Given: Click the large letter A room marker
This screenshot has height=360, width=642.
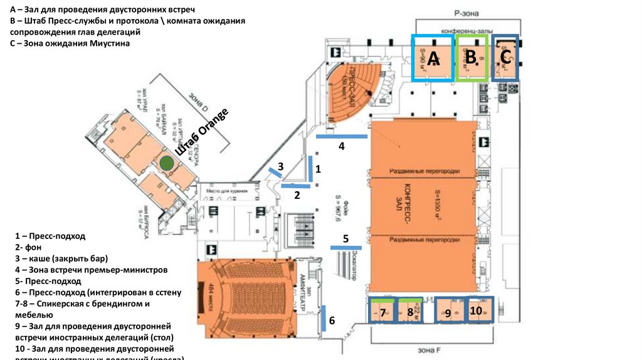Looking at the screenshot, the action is pos(434,58).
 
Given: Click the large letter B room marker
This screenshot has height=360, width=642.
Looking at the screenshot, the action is pos(470,56).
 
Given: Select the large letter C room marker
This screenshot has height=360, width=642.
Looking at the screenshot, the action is pos(506,56).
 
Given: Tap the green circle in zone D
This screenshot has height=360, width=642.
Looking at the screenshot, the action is pos(166,164).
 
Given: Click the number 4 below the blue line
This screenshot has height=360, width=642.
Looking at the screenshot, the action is pos(342,147).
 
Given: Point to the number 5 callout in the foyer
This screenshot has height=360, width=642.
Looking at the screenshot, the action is pos(345,238).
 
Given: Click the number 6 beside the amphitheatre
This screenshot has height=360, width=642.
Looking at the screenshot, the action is pos(332,320).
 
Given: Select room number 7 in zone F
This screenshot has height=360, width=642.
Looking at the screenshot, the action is pos(381,312).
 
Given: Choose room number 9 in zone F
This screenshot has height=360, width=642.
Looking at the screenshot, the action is pos(448,314).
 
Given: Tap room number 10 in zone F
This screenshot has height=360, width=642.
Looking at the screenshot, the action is pos(476,310).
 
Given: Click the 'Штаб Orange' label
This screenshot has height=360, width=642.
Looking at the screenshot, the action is pos(203,133).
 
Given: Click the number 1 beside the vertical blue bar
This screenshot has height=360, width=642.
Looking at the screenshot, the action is pos(318,169).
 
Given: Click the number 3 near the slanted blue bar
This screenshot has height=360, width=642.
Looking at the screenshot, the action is pos(281,166).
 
